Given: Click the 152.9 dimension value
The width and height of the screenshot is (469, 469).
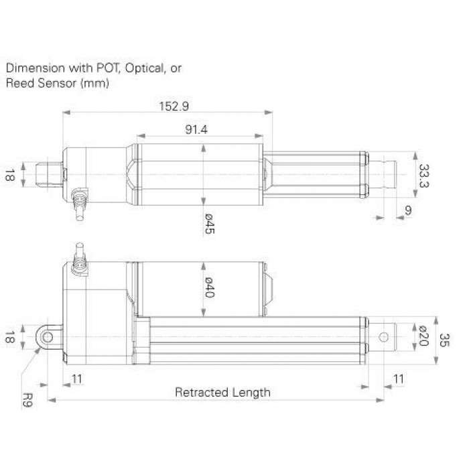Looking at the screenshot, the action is tap(174, 106).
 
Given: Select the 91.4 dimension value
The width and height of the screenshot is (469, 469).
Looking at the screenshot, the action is tap(196, 129).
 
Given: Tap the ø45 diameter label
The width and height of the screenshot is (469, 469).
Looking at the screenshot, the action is tap(210, 223).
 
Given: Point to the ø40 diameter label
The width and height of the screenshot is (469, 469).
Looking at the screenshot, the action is tap(209, 287).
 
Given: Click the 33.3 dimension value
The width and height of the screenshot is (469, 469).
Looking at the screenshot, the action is tap(423, 176).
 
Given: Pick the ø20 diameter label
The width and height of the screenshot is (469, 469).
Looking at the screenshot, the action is tap(424, 336).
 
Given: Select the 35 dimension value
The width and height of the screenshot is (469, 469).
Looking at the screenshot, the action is tap(444, 340).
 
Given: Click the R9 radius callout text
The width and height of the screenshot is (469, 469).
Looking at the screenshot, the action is tap(27, 400).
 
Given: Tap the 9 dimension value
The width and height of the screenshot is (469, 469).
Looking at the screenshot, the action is tap(408, 210).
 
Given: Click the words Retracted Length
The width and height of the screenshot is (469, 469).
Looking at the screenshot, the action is tap(222, 392).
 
